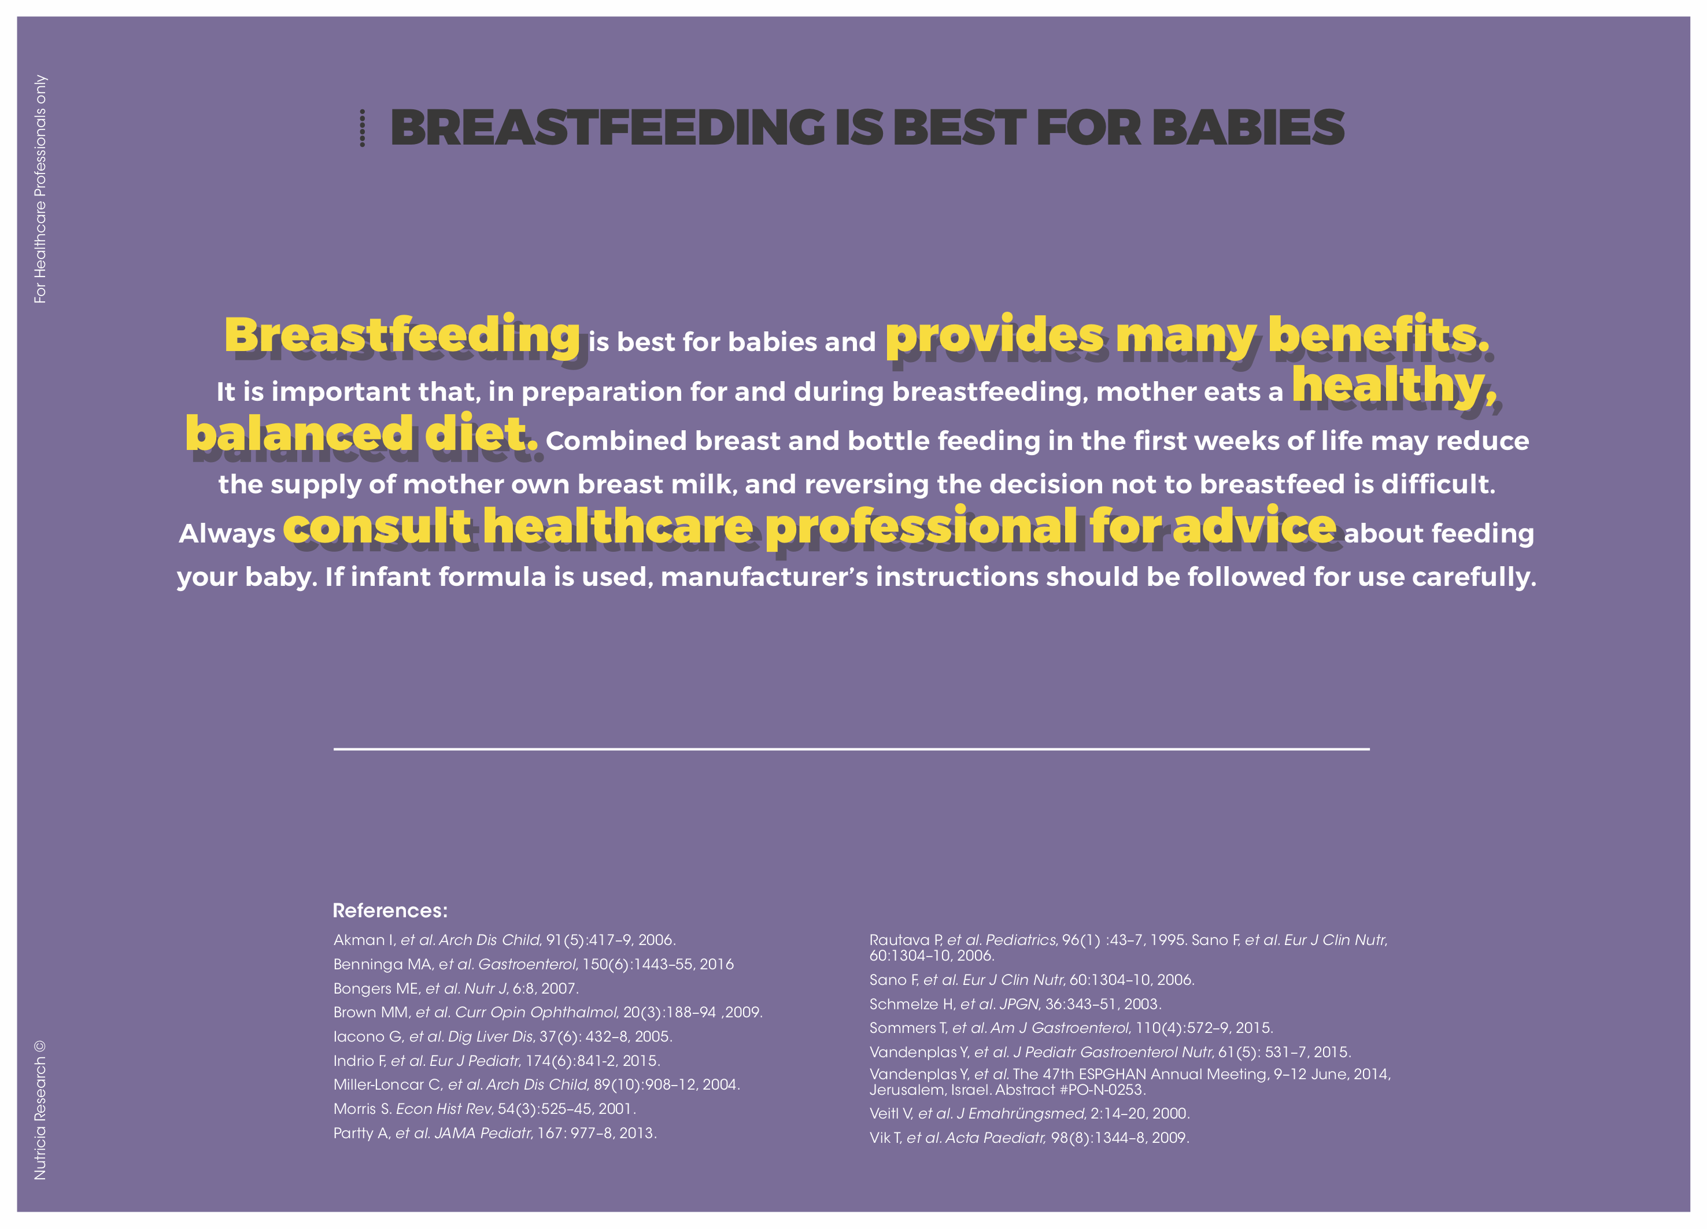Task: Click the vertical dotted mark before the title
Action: [363, 128]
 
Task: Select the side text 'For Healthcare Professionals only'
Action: [40, 190]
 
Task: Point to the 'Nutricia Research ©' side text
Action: [40, 1110]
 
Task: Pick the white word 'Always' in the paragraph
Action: [227, 534]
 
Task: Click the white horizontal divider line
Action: [851, 749]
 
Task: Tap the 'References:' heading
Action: [390, 911]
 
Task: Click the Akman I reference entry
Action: [504, 940]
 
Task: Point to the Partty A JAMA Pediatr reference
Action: [495, 1132]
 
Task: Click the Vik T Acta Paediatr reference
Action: [1029, 1138]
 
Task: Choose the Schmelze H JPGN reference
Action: [1015, 1004]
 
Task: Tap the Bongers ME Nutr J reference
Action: [456, 988]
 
